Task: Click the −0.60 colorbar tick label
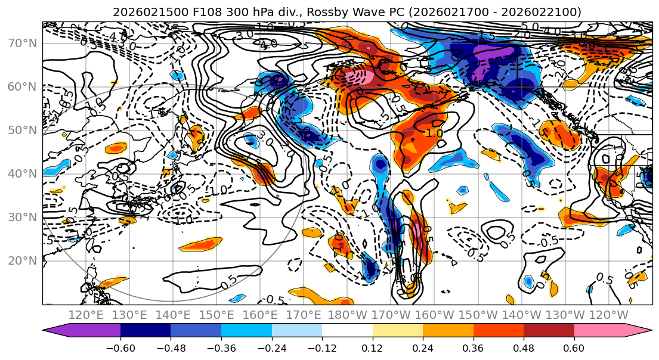[120, 347]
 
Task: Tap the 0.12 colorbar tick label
[372, 347]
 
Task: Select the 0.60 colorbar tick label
[574, 347]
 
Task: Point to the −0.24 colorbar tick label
[271, 347]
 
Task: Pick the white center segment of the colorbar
[347, 330]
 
